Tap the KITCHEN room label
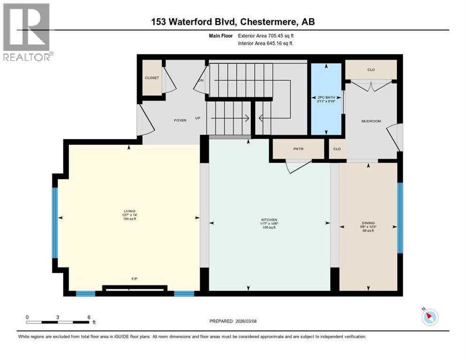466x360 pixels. pos(270,220)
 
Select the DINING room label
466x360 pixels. pos(368,223)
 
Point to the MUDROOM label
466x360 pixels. pos(371,121)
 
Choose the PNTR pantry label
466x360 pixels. pos(299,149)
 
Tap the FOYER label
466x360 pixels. pos(180,120)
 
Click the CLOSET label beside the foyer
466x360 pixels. pos(151,78)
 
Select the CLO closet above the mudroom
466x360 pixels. pos(371,70)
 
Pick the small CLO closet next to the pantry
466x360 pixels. pos(337,149)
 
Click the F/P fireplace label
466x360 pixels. pos(134,278)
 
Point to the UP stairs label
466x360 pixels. pos(198,118)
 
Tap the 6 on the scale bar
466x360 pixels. pos(89,317)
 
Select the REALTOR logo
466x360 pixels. pos(27,33)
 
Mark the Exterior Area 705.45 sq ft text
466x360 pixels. pos(266,35)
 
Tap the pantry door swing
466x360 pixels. pos(297,166)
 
